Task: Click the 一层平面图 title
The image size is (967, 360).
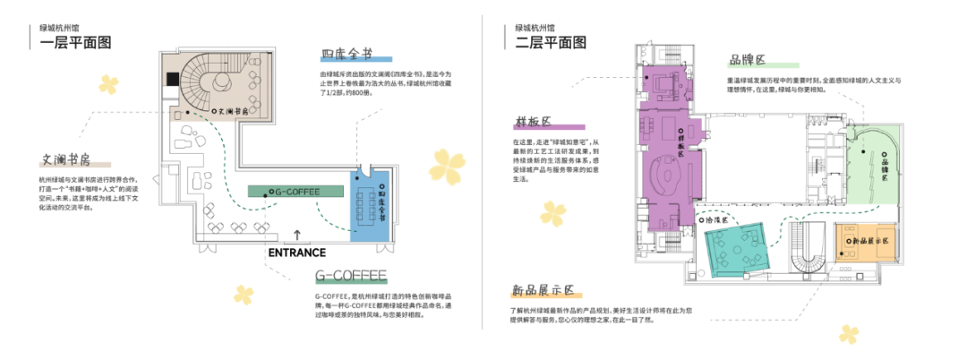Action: coord(76,42)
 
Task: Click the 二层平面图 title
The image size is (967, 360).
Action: coord(552,42)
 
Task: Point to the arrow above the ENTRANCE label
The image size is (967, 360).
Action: coord(297,236)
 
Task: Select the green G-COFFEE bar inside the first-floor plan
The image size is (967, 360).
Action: coord(296,191)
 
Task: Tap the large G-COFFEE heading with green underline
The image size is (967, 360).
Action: coord(350,275)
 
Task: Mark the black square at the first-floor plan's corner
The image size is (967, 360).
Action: coord(170,78)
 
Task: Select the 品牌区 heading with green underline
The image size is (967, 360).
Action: coord(748,60)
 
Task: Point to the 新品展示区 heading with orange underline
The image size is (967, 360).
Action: coord(543,291)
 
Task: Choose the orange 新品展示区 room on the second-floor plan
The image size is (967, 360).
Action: coord(865,240)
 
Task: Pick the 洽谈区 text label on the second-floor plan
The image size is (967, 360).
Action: coord(720,219)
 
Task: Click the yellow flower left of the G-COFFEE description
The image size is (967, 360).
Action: coord(244,295)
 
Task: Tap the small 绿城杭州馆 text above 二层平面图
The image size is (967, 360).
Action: coord(535,27)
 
